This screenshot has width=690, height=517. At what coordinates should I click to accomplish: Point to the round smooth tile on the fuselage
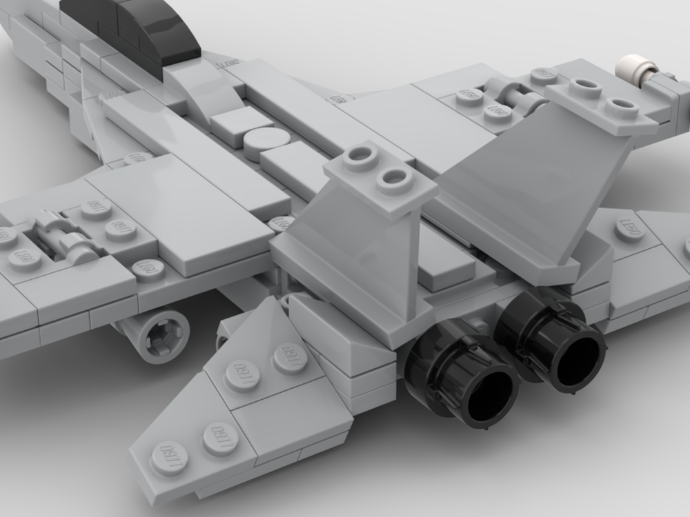pyautogui.click(x=266, y=143)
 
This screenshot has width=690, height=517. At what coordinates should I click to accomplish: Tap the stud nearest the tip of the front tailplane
pyautogui.click(x=169, y=457)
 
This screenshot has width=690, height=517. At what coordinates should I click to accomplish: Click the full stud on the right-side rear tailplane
pyautogui.click(x=630, y=230)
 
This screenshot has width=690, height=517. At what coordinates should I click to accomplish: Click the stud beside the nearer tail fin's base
pyautogui.click(x=279, y=224)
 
